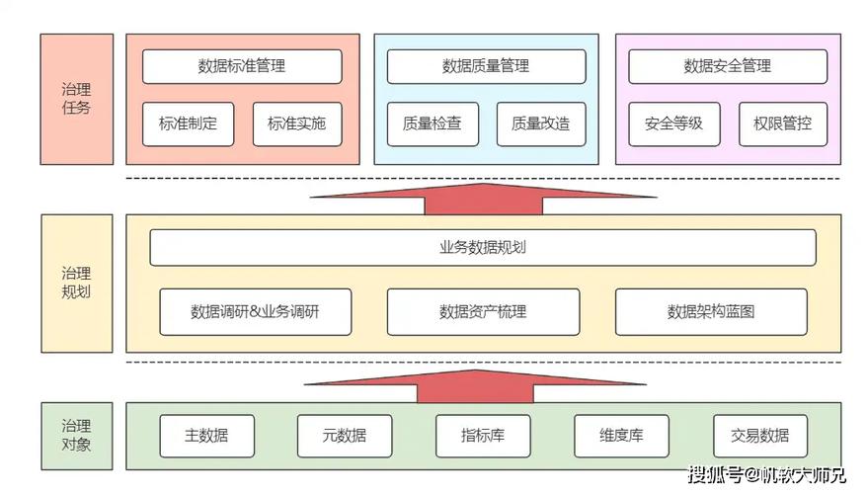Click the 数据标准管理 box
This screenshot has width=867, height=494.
click(x=242, y=66)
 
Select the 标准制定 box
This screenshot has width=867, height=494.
click(x=188, y=124)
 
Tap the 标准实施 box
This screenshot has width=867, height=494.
click(x=296, y=124)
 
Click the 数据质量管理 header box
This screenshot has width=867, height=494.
click(x=485, y=66)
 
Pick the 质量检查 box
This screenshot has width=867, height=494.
click(x=432, y=124)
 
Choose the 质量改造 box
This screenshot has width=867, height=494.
click(x=540, y=124)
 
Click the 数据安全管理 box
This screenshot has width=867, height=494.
click(x=728, y=66)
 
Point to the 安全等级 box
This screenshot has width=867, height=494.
click(x=673, y=124)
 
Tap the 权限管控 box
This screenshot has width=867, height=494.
click(x=783, y=124)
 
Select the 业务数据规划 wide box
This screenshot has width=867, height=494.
click(x=483, y=247)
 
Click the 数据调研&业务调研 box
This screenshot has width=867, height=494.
click(x=256, y=311)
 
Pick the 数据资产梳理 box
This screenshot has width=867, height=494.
click(x=483, y=311)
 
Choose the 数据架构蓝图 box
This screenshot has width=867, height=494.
click(x=711, y=311)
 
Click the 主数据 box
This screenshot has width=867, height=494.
click(x=206, y=436)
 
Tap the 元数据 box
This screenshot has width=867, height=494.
click(x=345, y=436)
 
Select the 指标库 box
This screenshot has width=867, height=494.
click(x=483, y=436)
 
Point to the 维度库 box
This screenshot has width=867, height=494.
click(x=621, y=436)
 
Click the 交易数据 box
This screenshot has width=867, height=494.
click(x=760, y=436)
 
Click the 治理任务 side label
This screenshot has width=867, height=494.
click(x=76, y=98)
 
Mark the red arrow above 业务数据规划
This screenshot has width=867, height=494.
click(x=483, y=197)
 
